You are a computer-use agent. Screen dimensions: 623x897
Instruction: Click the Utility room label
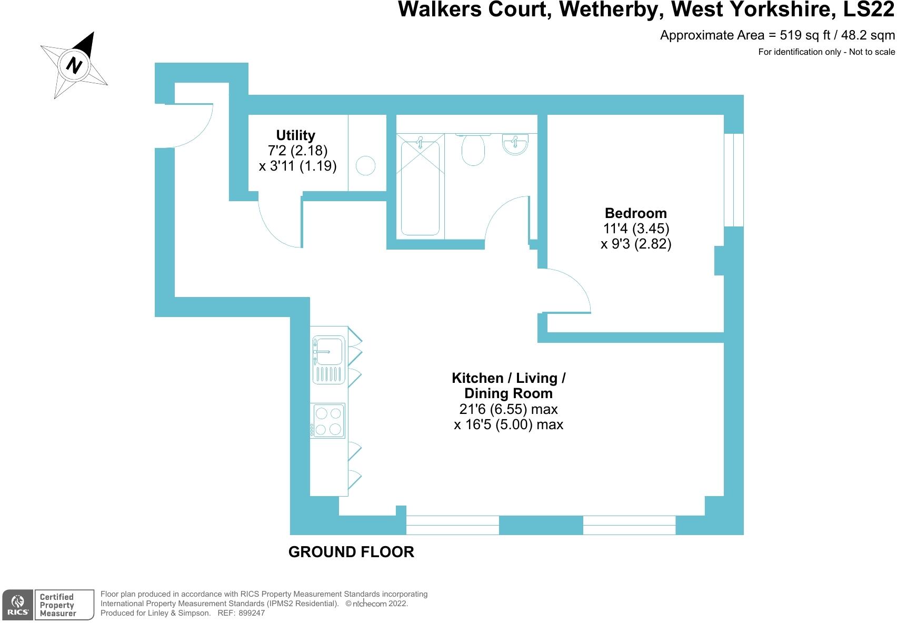295,135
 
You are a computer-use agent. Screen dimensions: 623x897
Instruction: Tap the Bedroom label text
635,213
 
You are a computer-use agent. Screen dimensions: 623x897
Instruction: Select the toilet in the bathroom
473,149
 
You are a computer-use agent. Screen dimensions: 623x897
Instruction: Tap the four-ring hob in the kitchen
327,421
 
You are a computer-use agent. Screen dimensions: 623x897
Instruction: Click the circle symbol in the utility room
366,166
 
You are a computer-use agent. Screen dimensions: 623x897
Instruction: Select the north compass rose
74,66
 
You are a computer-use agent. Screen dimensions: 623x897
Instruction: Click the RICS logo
18,605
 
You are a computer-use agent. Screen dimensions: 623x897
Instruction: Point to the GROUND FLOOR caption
351,552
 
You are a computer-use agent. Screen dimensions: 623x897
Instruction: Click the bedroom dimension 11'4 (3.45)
636,229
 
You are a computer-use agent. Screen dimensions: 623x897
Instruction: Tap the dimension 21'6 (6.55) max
508,409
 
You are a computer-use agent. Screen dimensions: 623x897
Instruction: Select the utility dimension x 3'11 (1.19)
297,166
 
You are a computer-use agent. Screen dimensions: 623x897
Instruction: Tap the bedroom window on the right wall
734,180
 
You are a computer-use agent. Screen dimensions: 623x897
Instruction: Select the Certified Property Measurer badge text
57,605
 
